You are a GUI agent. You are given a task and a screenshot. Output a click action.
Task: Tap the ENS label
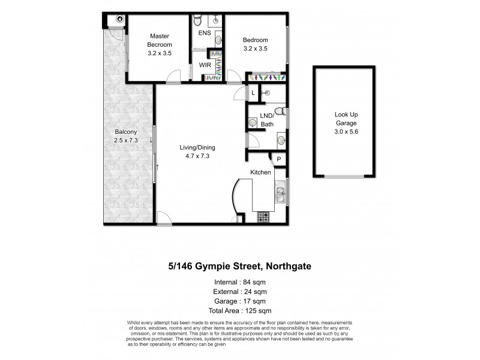tap(205, 33)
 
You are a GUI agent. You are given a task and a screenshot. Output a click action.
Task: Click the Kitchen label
tap(261, 172)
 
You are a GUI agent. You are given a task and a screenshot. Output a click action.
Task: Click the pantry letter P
tap(278, 159)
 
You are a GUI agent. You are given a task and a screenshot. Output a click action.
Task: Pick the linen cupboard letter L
tap(253, 93)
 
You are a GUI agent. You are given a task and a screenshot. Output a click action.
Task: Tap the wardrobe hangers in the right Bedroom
tap(266, 77)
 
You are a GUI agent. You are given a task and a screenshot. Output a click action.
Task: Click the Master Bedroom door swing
tap(173, 77)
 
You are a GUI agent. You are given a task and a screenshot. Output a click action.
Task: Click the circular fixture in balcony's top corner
tap(120, 19)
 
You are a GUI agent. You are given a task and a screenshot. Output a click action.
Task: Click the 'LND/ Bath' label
tap(266, 120)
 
